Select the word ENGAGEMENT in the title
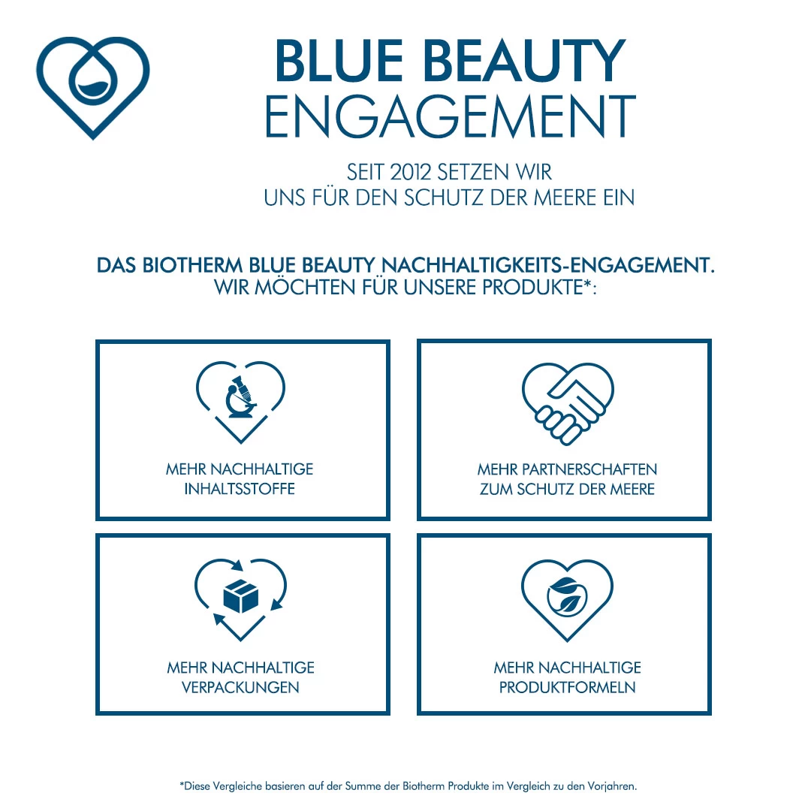[451, 116]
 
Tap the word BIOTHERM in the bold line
[191, 266]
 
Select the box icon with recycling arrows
[241, 597]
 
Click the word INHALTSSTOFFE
[240, 489]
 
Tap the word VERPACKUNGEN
[240, 687]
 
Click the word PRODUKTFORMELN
[567, 687]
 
